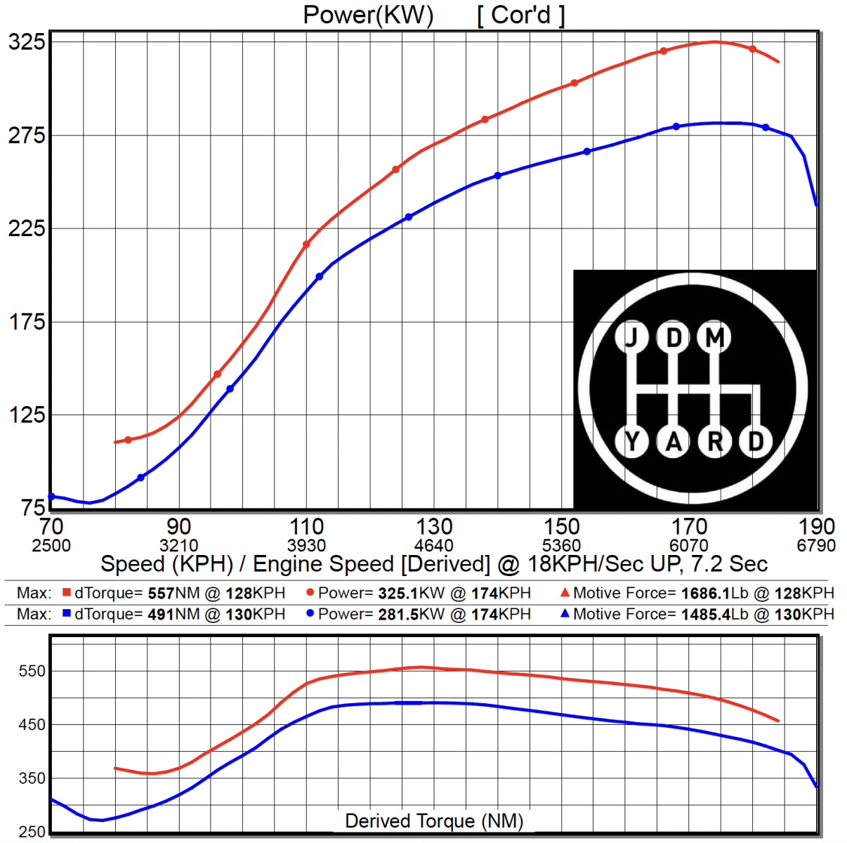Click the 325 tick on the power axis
[27, 42]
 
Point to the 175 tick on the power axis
[27, 322]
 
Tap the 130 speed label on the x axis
[434, 527]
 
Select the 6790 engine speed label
[816, 546]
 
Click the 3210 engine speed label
[178, 546]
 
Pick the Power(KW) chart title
[368, 15]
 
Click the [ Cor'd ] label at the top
[520, 15]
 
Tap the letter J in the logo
[633, 338]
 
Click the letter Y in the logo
[633, 441]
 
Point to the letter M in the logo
[715, 338]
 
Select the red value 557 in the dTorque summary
[161, 594]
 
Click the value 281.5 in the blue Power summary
[398, 615]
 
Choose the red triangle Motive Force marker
[565, 593]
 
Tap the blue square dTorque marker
[67, 614]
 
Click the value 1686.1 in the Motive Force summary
[706, 594]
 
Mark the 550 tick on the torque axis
[32, 671]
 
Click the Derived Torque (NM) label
[434, 821]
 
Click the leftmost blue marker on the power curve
[51, 497]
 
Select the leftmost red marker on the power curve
[128, 440]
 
